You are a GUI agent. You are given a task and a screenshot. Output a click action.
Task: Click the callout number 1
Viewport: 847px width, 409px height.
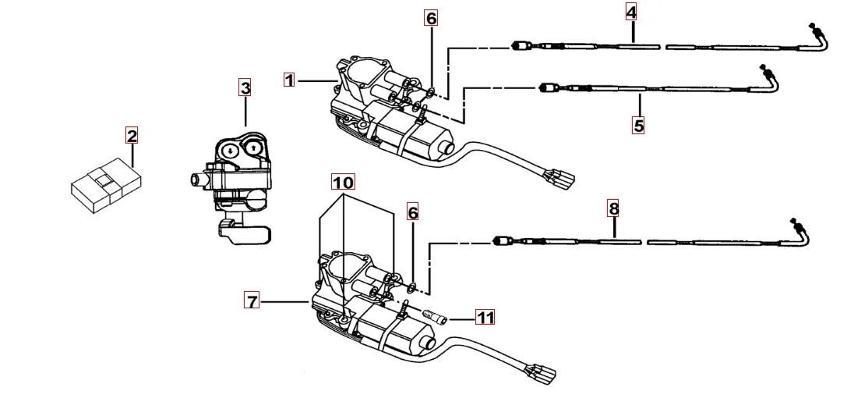click(289, 80)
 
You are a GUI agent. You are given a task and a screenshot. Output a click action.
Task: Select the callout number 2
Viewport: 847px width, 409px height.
click(132, 137)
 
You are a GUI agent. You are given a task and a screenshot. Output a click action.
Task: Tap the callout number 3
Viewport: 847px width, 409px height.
click(245, 87)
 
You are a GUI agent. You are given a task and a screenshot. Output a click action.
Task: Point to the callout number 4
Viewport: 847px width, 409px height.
click(630, 12)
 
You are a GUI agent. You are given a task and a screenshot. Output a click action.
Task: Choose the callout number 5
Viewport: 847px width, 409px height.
click(638, 125)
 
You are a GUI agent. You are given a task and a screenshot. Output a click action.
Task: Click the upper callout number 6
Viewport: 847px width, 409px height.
click(432, 17)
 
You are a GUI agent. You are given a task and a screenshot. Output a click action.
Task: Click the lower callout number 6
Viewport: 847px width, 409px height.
click(413, 212)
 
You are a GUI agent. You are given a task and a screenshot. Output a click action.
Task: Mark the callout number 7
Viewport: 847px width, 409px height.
click(252, 301)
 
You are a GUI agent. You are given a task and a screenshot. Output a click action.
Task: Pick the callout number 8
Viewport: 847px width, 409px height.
click(614, 208)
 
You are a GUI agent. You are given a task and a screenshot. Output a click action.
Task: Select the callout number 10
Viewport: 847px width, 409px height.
click(343, 182)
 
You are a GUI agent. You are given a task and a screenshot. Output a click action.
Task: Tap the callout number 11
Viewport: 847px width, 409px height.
click(485, 317)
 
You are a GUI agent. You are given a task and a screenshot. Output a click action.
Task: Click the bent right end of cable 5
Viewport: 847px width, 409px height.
click(771, 78)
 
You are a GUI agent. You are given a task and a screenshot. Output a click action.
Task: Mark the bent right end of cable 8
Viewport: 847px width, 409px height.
click(800, 229)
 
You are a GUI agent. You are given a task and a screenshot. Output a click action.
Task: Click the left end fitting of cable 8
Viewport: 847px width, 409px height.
click(500, 240)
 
